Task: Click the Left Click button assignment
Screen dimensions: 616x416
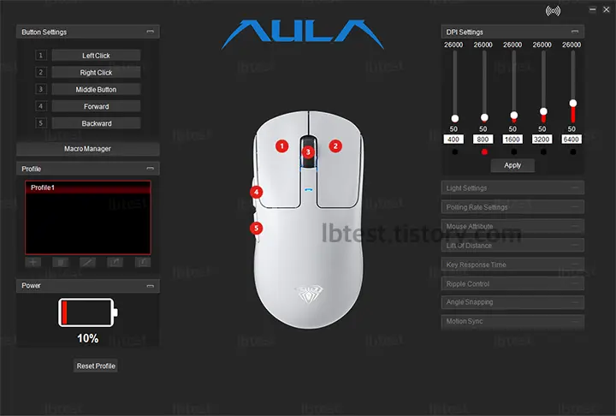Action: [x=96, y=56]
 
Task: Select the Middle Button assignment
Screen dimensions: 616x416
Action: [x=96, y=89]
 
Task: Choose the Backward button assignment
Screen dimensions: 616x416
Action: [x=96, y=123]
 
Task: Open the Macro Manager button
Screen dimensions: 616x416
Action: [x=87, y=149]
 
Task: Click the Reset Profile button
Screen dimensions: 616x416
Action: [x=96, y=366]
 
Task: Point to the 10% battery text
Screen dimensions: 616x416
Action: [x=87, y=339]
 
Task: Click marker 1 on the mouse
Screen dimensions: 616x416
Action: [x=281, y=146]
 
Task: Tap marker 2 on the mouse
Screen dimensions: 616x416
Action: [x=335, y=146]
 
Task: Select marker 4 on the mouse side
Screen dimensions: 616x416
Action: [x=257, y=193]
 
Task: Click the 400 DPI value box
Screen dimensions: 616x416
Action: [x=453, y=138]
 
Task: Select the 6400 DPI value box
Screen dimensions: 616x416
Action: [x=572, y=138]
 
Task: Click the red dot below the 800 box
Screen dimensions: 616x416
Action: [x=483, y=152]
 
